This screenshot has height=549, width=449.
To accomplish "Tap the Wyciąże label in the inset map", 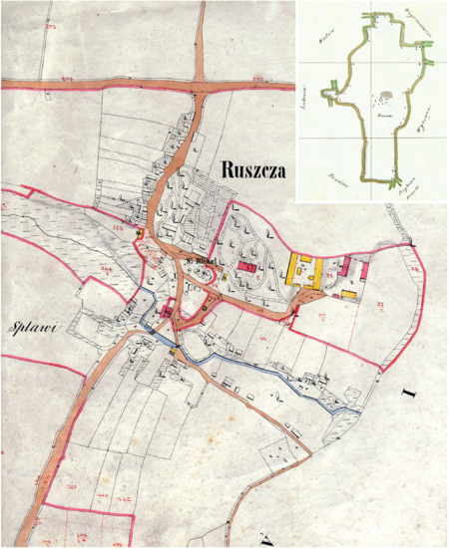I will [x=422, y=120].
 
